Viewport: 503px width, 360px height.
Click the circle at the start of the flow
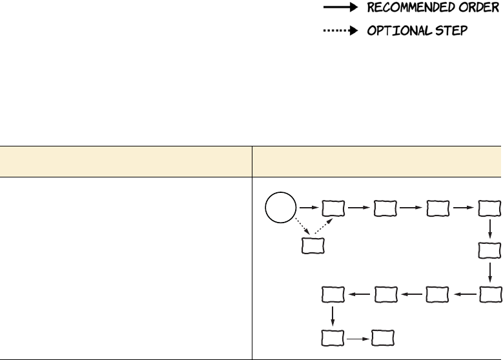pos(280,208)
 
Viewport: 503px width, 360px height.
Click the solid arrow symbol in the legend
pos(340,9)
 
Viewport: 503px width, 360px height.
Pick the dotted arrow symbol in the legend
pos(340,31)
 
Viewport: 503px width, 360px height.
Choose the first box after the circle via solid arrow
pos(333,208)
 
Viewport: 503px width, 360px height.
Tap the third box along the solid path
pos(437,208)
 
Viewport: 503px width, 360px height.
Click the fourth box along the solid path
pos(489,208)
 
